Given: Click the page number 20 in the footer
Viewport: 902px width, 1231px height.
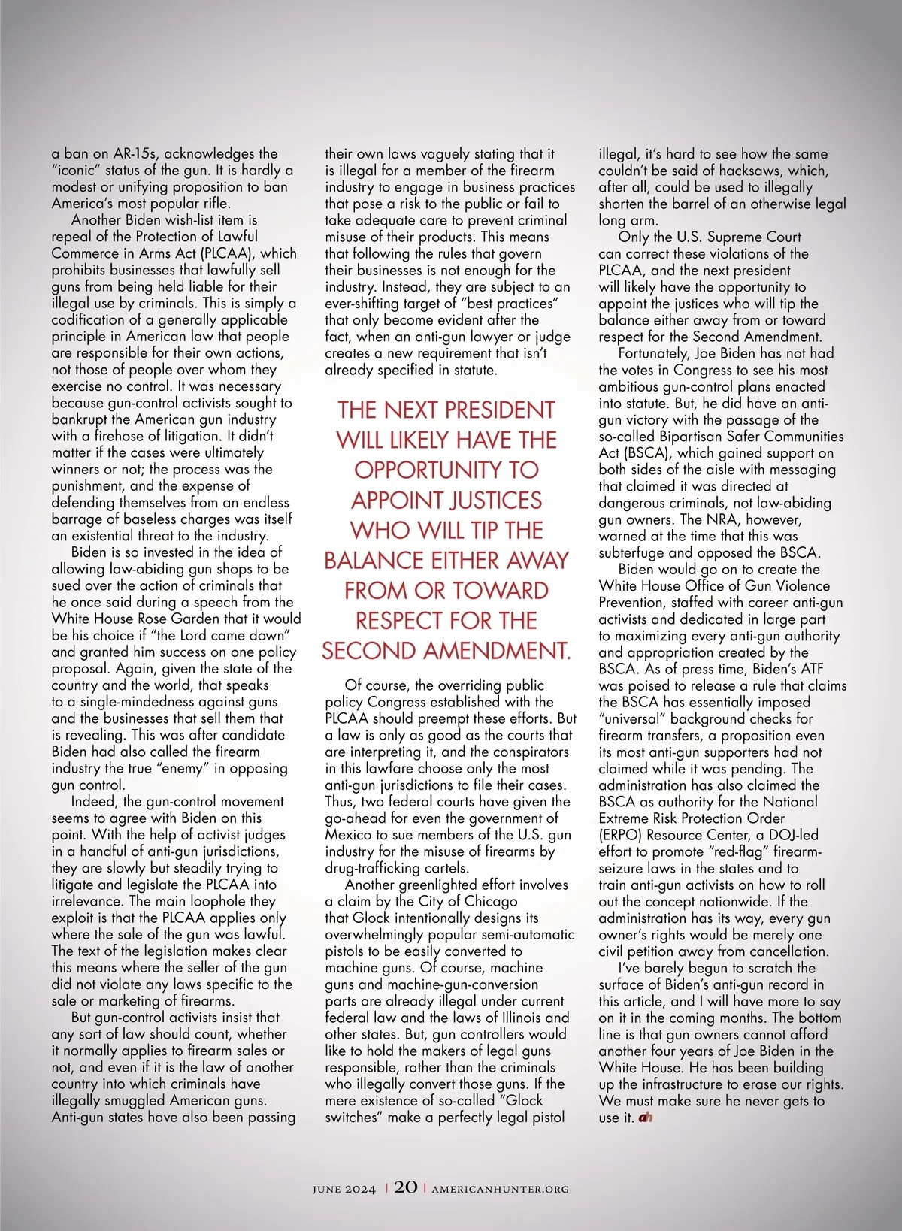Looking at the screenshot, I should coord(406,1187).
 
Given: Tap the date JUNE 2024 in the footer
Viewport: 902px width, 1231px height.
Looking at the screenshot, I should coord(344,1189).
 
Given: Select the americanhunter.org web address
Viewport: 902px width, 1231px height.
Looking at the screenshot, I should coord(501,1189).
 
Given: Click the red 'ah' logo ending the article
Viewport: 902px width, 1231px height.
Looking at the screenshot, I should coord(645,1118).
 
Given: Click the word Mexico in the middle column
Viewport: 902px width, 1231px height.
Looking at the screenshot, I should coord(351,835).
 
